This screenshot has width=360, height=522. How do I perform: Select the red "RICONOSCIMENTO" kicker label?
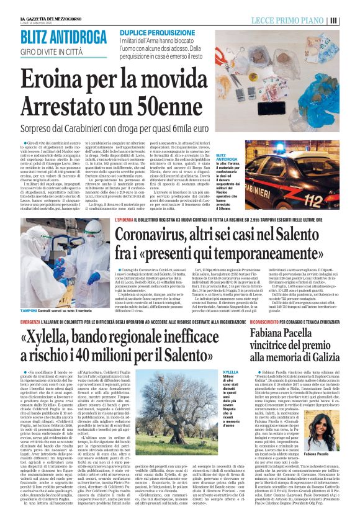pos(269,324)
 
